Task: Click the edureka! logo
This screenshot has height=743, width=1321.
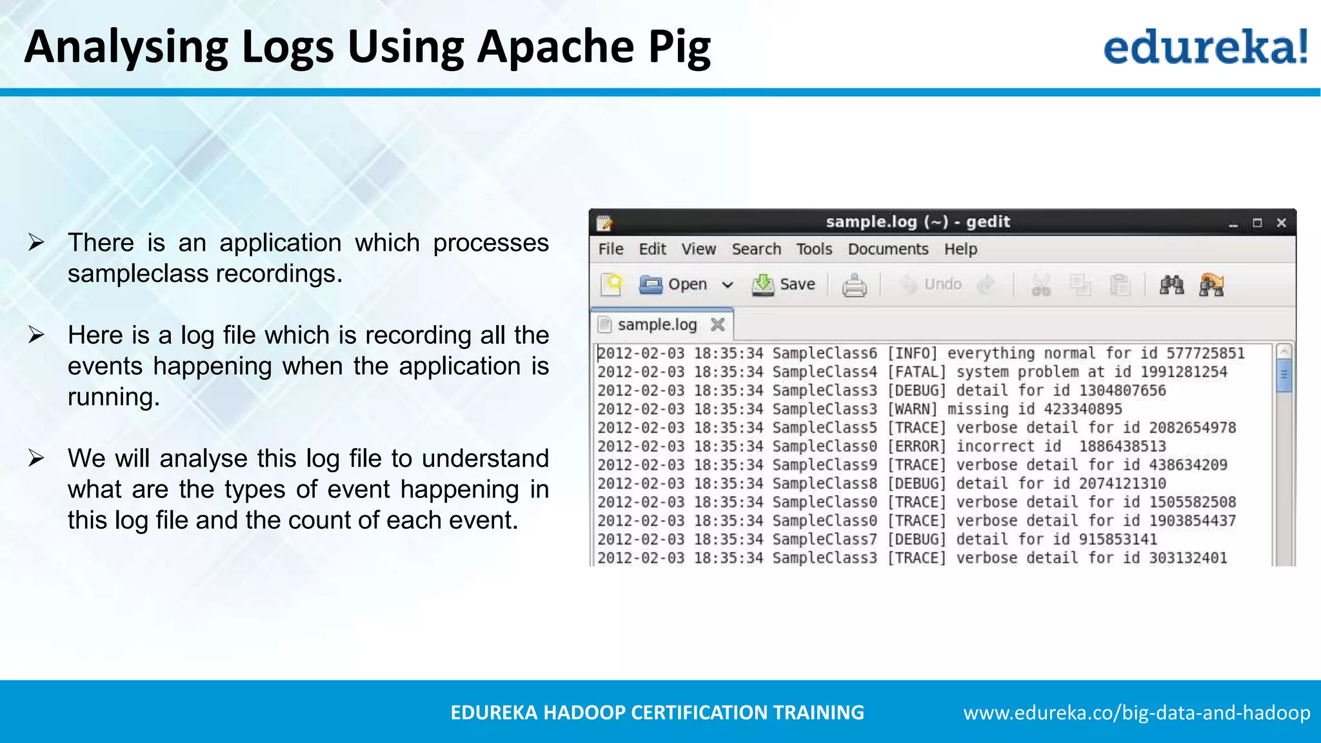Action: point(1205,46)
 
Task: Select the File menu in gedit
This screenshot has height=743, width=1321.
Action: point(610,249)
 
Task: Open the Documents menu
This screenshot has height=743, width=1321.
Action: point(888,249)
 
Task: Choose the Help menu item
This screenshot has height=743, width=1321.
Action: point(960,249)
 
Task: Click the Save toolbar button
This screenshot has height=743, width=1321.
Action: point(784,284)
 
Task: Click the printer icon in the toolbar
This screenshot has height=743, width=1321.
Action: point(854,285)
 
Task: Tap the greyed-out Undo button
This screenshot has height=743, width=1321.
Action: point(931,284)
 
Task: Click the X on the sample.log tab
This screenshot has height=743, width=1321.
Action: point(717,324)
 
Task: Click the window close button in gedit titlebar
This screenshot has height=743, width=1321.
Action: point(1281,223)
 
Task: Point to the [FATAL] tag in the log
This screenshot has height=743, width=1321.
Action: point(917,372)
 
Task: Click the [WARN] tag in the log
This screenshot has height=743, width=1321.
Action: point(912,409)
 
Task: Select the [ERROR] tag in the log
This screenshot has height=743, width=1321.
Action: point(917,446)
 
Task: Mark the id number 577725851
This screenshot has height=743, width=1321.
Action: point(1205,353)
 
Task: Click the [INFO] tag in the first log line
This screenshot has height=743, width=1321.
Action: point(912,353)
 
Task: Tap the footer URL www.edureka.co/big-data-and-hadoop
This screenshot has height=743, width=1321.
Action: point(1137,713)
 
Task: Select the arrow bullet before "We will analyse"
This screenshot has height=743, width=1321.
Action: point(36,459)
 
